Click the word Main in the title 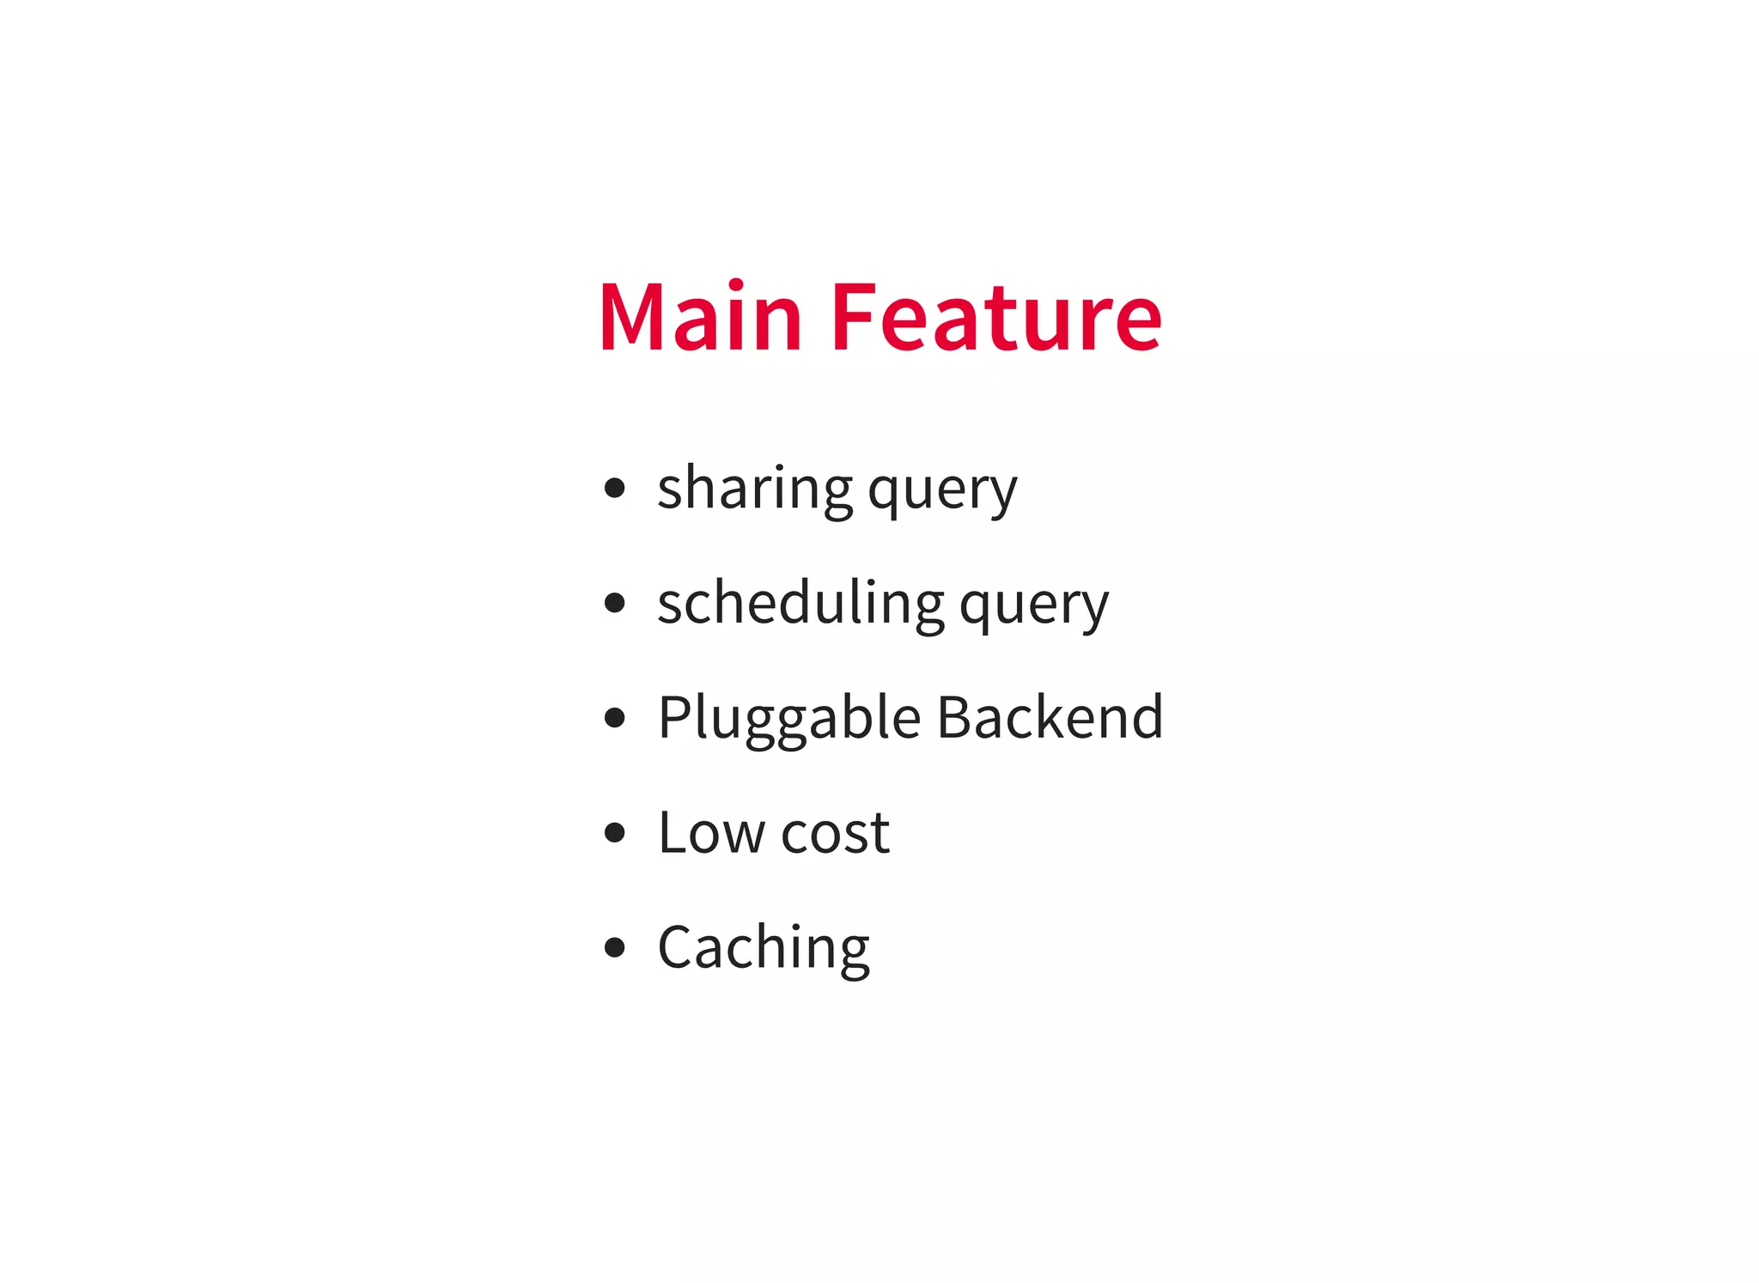[x=700, y=317]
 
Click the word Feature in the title [x=996, y=317]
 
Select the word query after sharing [x=942, y=491]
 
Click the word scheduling [x=800, y=603]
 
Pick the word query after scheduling [x=1033, y=605]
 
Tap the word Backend [x=1050, y=717]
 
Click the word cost [x=835, y=834]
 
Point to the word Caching [x=764, y=948]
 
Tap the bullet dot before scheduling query [x=614, y=603]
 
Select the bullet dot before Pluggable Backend [x=614, y=717]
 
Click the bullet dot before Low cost [x=614, y=832]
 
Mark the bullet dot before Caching [x=614, y=947]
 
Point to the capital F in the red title [x=854, y=317]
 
